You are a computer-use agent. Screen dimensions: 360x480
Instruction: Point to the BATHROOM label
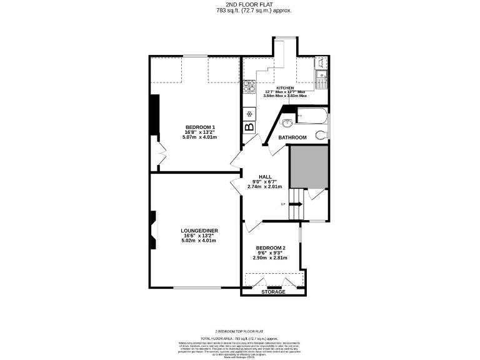point(292,137)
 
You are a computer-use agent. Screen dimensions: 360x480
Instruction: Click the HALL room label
point(264,177)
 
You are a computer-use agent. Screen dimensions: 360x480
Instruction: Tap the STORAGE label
point(273,292)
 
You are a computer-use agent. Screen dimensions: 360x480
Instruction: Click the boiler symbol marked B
point(249,127)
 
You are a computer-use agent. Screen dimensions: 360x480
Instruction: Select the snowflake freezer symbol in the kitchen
point(249,113)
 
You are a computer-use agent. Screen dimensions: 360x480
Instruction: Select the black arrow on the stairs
point(296,204)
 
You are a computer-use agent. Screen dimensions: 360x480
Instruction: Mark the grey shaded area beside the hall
point(308,167)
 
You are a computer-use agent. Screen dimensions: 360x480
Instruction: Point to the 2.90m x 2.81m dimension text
point(270,257)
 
